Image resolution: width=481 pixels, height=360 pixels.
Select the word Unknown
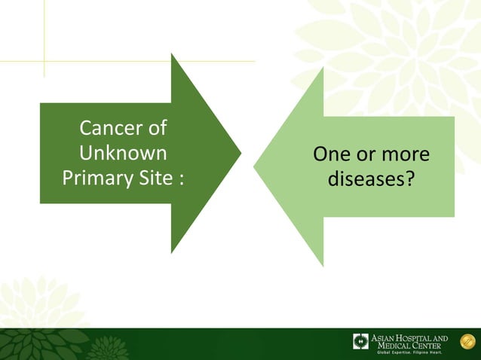[123, 153]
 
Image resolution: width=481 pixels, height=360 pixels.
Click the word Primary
[94, 178]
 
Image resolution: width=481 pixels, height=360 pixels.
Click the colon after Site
[181, 180]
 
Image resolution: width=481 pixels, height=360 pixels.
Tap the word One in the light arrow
[331, 154]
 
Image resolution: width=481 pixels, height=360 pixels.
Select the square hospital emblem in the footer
[360, 341]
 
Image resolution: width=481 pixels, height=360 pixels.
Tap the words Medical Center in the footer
[410, 346]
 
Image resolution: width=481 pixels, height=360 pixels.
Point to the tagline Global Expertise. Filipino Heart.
[409, 352]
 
